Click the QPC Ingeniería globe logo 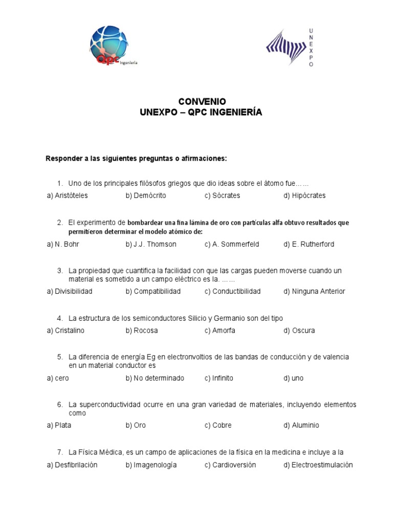click(110, 46)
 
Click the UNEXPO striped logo click(286, 48)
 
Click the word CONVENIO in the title click(201, 102)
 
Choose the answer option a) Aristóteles click(67, 195)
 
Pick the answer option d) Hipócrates click(304, 195)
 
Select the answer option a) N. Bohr click(63, 244)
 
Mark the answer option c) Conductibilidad click(232, 291)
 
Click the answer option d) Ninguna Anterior click(314, 291)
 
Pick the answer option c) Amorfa click(220, 331)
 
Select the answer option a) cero click(58, 378)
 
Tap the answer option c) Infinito click(219, 378)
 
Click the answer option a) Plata click(59, 425)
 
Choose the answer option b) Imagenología click(151, 465)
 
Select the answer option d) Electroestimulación click(318, 465)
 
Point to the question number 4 click(60, 318)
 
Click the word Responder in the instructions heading click(63, 159)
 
